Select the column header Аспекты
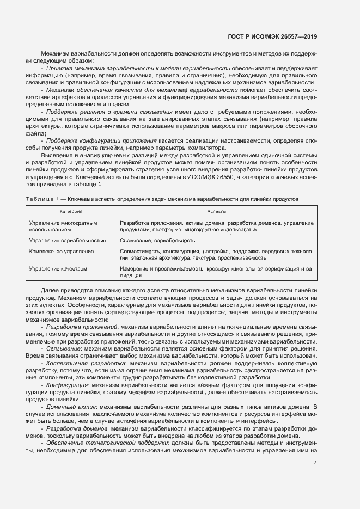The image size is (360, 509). pos(216,211)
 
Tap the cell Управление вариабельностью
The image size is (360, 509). pos(68,240)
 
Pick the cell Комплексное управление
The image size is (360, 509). pos(62,252)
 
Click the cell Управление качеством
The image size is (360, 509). pos(58,269)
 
